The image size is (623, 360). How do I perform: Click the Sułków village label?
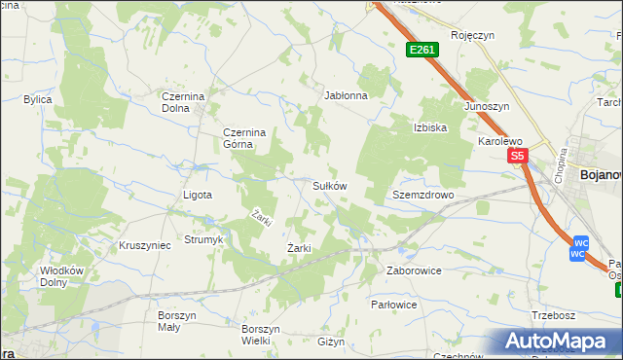click(329, 185)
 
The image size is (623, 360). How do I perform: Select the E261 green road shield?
click(422, 50)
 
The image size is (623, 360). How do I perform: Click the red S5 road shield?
click(516, 156)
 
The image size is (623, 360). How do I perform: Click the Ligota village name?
click(198, 195)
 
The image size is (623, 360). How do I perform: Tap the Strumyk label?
click(203, 239)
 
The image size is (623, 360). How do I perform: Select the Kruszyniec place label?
click(144, 245)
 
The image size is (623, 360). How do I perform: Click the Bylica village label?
click(38, 99)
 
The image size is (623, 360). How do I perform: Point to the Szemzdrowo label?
click(423, 195)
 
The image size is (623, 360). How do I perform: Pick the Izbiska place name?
click(429, 127)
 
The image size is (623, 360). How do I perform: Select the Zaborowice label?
click(414, 270)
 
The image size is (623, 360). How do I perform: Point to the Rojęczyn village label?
click(473, 35)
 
